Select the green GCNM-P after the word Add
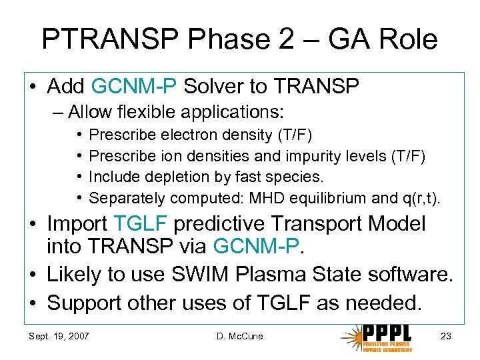[134, 86]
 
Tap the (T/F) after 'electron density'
[294, 135]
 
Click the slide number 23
[445, 336]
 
